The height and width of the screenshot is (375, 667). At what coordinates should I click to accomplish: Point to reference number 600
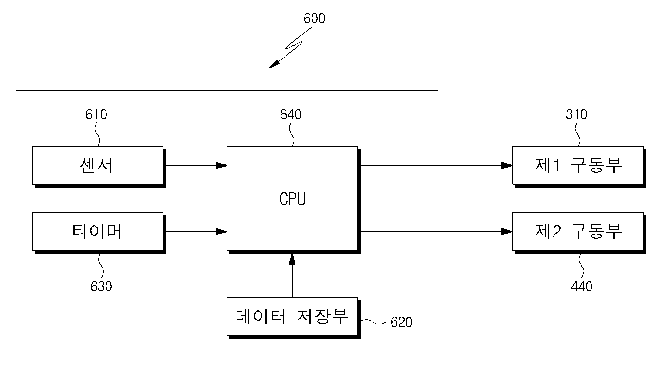point(314,18)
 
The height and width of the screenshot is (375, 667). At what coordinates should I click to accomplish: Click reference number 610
point(96,114)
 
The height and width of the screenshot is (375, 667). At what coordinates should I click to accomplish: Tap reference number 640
point(291,114)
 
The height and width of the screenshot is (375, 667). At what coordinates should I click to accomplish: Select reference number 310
point(576,114)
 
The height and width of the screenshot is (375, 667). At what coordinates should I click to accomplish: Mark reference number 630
point(101,286)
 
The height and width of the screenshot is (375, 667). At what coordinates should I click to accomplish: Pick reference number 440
point(581,286)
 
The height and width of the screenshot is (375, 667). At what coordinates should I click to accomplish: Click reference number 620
point(401,322)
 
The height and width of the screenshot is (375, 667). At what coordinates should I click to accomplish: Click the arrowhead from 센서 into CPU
point(221,165)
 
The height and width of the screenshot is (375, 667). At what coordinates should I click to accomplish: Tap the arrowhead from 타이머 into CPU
point(221,231)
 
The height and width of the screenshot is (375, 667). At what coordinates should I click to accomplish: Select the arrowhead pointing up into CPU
point(292,259)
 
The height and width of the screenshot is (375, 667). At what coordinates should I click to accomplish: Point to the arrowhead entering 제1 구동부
point(507,165)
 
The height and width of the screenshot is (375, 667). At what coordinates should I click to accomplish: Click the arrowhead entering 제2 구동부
point(507,231)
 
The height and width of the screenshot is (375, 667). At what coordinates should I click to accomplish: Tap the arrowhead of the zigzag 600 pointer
point(274,64)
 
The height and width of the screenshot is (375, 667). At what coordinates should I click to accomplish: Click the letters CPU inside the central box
point(292,199)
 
